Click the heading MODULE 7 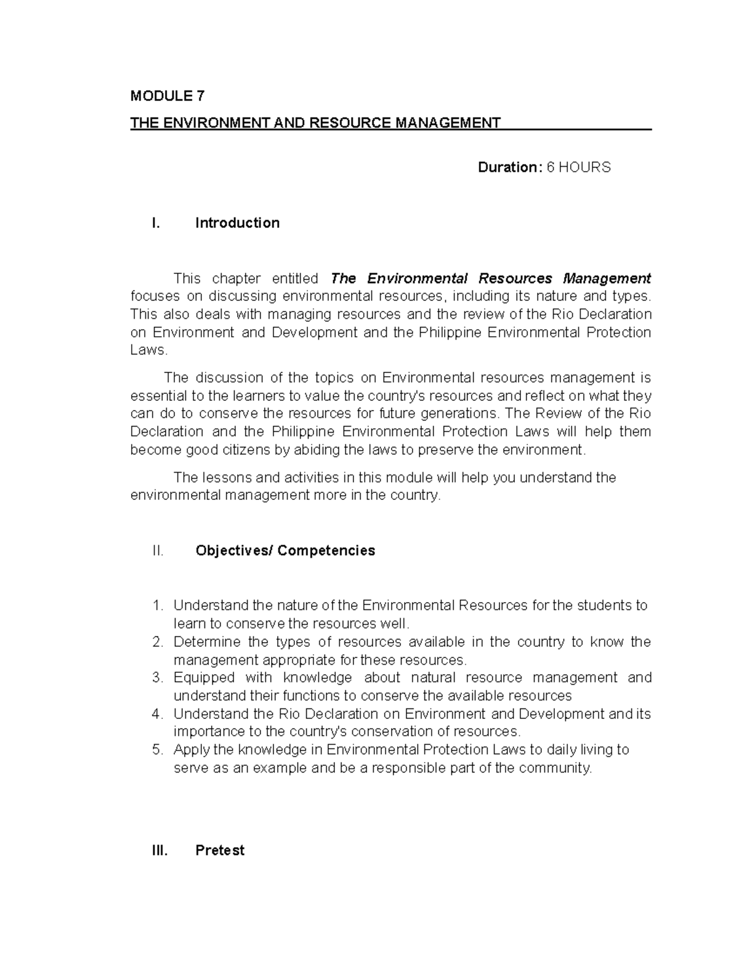(167, 96)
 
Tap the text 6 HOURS (579, 167)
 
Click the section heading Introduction (237, 223)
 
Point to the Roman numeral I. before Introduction (155, 223)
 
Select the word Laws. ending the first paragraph (148, 350)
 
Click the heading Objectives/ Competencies (285, 550)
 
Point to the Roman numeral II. (158, 550)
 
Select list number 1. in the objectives (158, 606)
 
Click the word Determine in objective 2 (207, 642)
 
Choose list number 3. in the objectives (158, 678)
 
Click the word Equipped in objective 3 (204, 678)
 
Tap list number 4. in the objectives (158, 714)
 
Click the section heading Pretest (219, 851)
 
